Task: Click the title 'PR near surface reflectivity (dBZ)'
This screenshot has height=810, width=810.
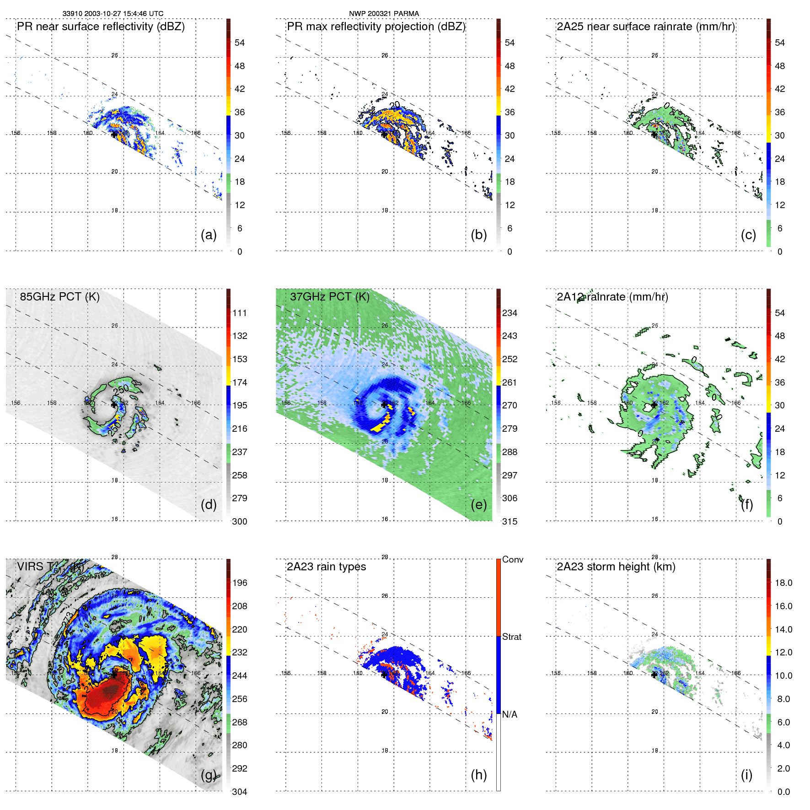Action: (x=101, y=27)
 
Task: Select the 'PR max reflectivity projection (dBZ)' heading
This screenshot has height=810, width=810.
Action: (x=376, y=27)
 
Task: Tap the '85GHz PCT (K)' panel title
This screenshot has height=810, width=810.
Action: (x=59, y=297)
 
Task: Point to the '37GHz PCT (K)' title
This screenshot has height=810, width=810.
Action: (x=329, y=297)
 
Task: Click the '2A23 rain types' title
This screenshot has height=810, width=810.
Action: (x=326, y=567)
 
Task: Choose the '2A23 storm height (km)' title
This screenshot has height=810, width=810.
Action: (x=616, y=567)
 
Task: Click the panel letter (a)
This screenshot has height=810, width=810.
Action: (x=209, y=235)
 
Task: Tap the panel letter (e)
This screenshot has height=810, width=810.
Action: (x=479, y=505)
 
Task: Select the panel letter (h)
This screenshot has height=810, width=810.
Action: (x=479, y=775)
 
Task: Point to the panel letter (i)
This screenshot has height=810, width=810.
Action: (x=746, y=775)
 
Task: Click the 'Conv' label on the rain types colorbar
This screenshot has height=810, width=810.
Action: (x=512, y=560)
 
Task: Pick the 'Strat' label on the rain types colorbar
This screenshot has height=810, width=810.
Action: (x=511, y=637)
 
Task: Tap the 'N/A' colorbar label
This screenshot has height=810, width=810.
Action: (x=510, y=714)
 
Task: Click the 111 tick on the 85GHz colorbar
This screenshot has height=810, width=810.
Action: (x=240, y=313)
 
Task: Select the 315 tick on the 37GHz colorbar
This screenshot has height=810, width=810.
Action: (x=510, y=522)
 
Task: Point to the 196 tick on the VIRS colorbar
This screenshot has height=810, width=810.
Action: (x=240, y=583)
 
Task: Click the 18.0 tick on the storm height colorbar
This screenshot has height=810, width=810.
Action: (x=783, y=583)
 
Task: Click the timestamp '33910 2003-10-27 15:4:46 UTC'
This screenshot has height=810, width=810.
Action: (x=113, y=14)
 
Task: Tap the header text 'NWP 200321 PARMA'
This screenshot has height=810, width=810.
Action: (x=384, y=14)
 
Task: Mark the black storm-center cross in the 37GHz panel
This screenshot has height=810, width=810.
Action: (x=385, y=404)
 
